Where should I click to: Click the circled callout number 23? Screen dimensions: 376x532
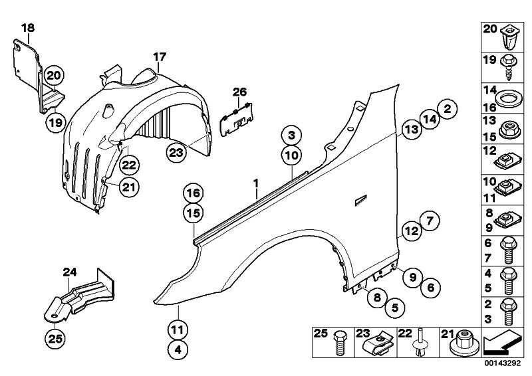pos(176,152)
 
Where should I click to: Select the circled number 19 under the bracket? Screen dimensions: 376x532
pos(55,122)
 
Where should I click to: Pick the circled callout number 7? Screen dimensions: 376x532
pos(428,221)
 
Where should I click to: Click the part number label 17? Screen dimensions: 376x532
pos(159,57)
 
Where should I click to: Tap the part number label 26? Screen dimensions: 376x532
pos(239,92)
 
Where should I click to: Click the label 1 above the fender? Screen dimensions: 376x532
pos(255,181)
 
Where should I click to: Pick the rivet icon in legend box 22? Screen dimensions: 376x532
pos(420,344)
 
